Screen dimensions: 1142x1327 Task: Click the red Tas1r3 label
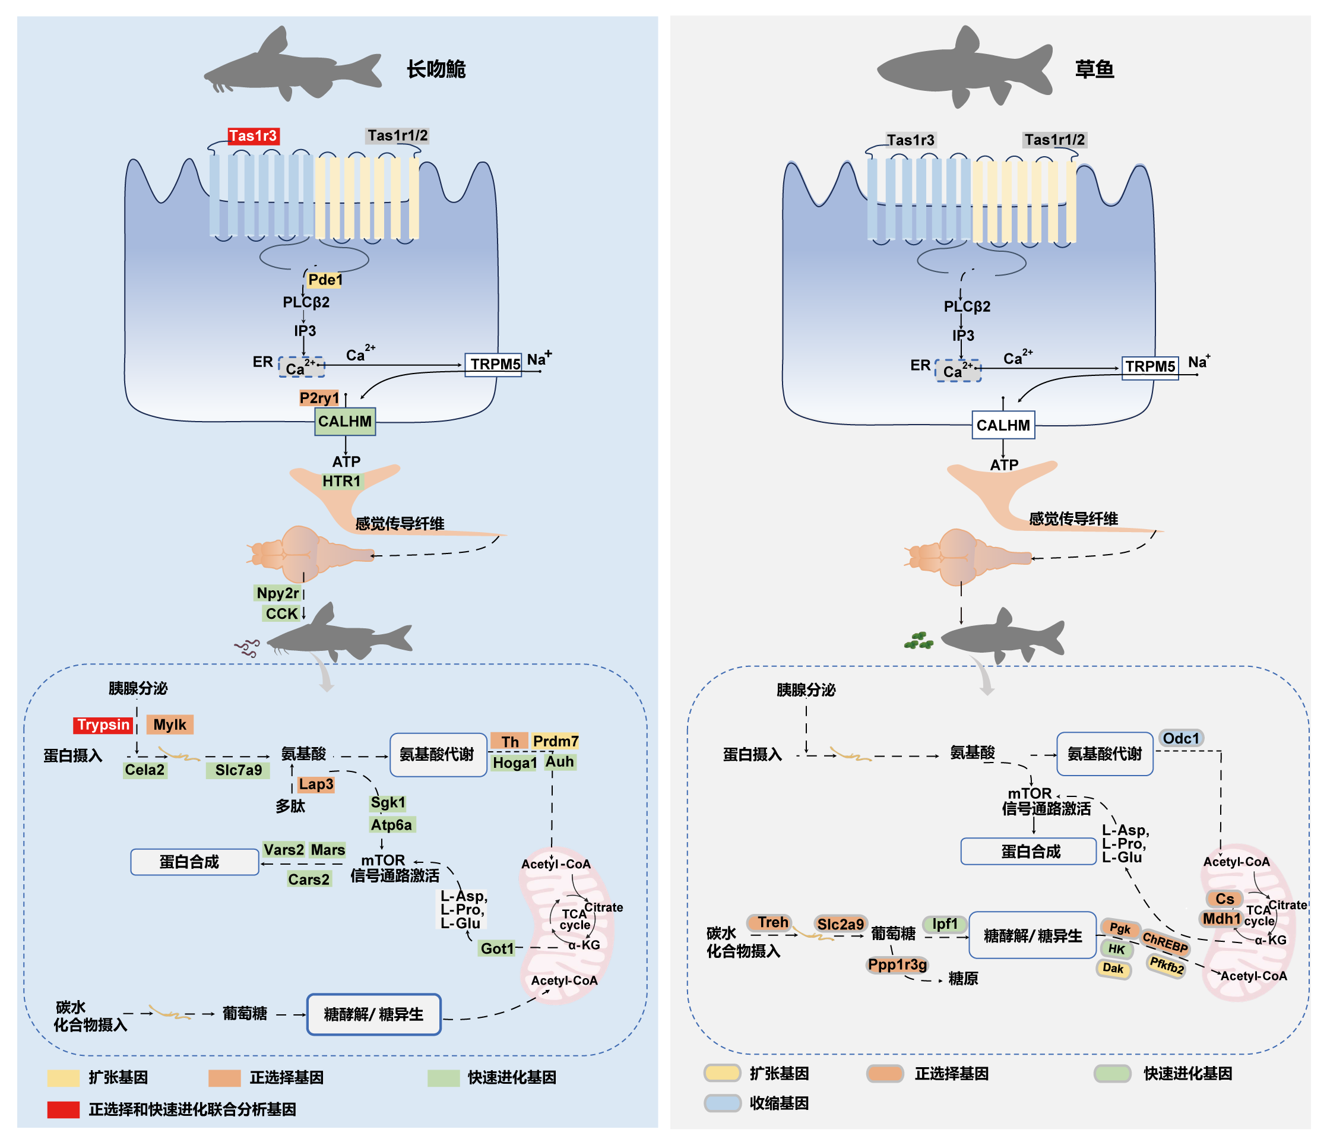253,136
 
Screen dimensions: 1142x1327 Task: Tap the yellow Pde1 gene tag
325,280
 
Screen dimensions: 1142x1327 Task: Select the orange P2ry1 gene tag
318,398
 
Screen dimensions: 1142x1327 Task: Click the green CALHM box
344,422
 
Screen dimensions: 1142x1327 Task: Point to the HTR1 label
341,481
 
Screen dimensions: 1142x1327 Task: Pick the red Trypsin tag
103,725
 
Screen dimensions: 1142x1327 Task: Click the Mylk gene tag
170,725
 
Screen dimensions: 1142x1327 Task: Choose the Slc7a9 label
238,770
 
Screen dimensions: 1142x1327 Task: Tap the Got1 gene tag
497,948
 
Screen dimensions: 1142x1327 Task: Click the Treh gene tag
772,922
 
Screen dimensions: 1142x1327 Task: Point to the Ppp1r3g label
897,964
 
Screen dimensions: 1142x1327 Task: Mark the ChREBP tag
1165,942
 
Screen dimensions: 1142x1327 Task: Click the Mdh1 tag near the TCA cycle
1221,919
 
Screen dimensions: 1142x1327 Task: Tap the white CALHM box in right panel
1003,425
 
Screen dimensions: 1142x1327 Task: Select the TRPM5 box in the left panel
493,365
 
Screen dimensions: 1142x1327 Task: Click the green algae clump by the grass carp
919,641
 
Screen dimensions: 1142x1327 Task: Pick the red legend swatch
64,1109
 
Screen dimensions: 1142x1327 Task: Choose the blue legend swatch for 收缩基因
723,1103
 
